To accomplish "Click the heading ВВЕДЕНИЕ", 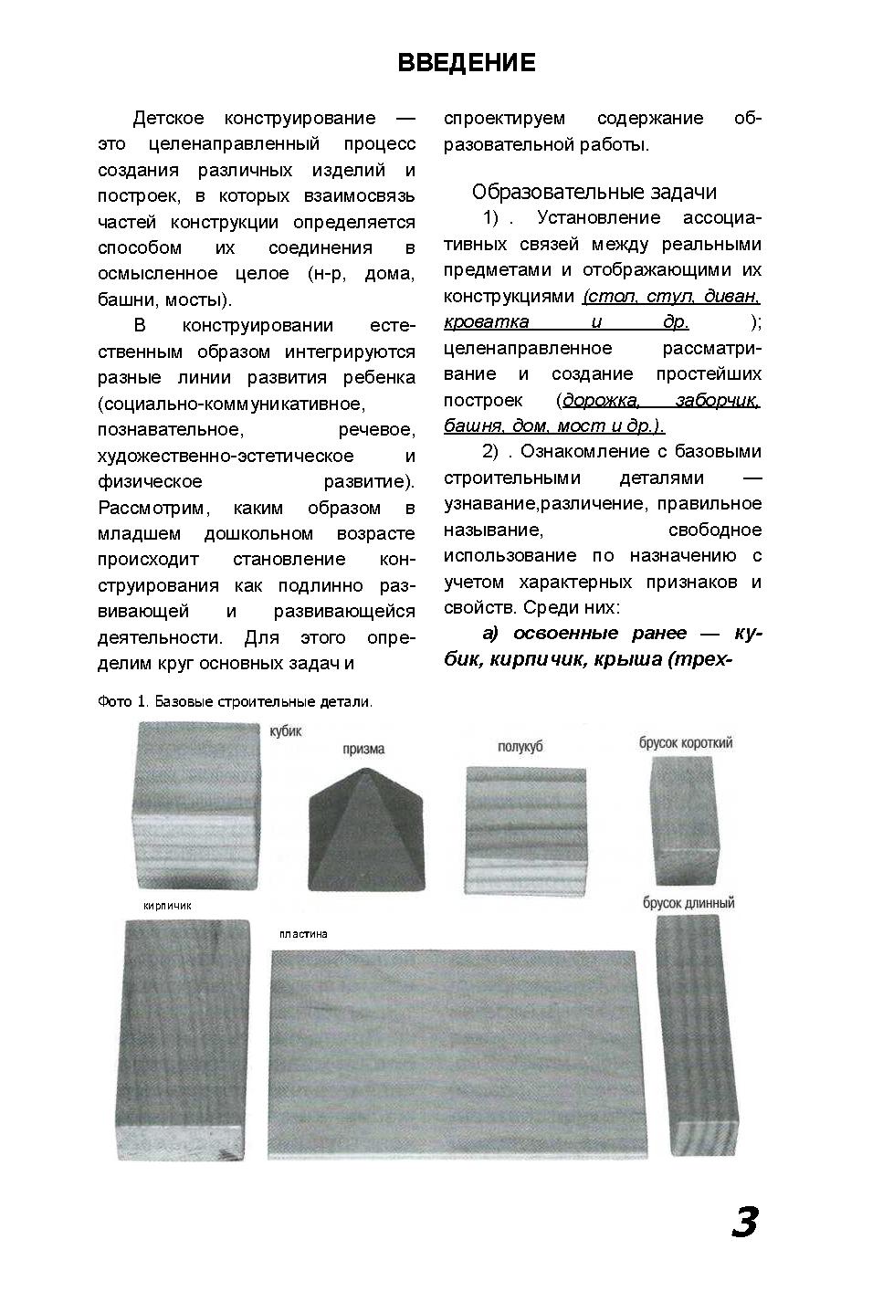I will tap(467, 63).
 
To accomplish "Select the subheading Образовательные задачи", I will tap(594, 192).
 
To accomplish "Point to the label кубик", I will tap(285, 731).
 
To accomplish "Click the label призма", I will tap(363, 749).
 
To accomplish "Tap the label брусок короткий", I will tap(686, 743).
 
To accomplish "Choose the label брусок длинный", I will tap(689, 903).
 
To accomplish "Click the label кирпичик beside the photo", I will tap(167, 906).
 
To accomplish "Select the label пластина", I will tap(303, 934).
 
